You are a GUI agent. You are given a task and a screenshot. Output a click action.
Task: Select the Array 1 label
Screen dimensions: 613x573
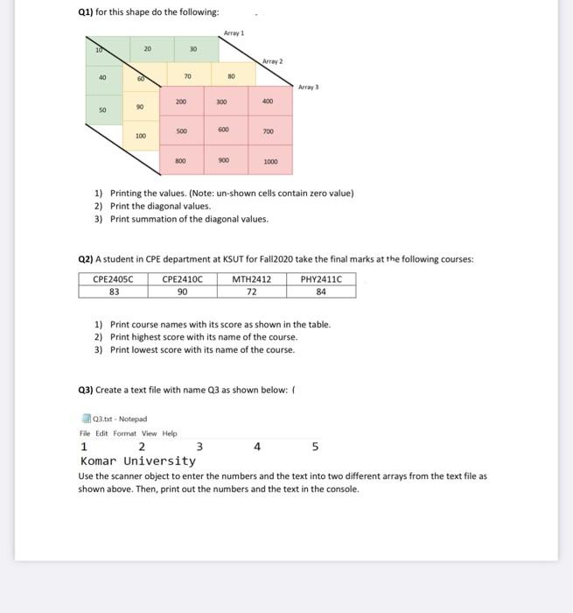[x=234, y=32]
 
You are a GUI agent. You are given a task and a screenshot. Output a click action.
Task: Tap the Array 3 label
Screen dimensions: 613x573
[x=309, y=87]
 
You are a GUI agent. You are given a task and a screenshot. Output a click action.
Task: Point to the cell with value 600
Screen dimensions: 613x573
[x=225, y=130]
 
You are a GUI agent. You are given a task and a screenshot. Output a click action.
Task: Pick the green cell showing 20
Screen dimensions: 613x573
[x=147, y=49]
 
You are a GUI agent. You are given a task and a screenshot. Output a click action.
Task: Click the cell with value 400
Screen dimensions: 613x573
[x=267, y=102]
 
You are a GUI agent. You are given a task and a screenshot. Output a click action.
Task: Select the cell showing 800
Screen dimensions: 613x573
[x=180, y=161]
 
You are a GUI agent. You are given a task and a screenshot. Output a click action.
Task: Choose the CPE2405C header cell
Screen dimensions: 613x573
[x=114, y=280]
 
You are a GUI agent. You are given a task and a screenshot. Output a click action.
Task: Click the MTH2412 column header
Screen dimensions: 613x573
[x=252, y=280]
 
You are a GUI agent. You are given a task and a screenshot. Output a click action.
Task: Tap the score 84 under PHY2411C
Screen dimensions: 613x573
[x=321, y=292]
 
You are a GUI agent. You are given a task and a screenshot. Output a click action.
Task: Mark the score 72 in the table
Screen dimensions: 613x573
[x=252, y=292]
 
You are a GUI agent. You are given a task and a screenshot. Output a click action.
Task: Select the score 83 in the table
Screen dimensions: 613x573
[x=114, y=292]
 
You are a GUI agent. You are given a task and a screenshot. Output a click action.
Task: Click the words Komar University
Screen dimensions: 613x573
[x=137, y=461]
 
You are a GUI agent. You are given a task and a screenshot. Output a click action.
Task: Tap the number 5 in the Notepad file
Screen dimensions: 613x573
[x=315, y=447]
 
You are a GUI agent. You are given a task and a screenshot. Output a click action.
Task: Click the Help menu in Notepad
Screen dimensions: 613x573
[x=169, y=433]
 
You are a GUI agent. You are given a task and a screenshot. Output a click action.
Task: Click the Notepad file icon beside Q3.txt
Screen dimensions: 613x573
[x=84, y=419]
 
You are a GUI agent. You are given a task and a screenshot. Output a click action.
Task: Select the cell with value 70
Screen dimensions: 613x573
[x=187, y=77]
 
